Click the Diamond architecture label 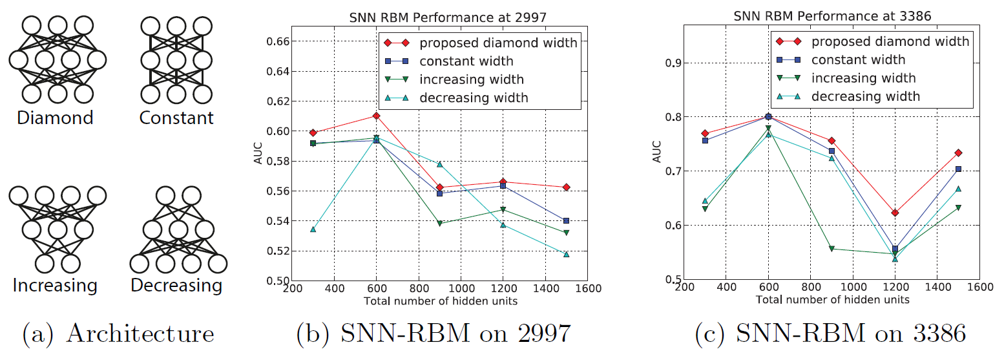[x=55, y=118]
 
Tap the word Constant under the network [x=176, y=118]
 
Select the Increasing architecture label [x=55, y=285]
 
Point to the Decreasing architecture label [x=176, y=285]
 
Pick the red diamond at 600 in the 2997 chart [x=376, y=116]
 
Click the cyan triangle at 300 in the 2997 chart [x=313, y=229]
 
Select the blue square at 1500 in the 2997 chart [x=566, y=220]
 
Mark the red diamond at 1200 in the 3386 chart [x=895, y=213]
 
